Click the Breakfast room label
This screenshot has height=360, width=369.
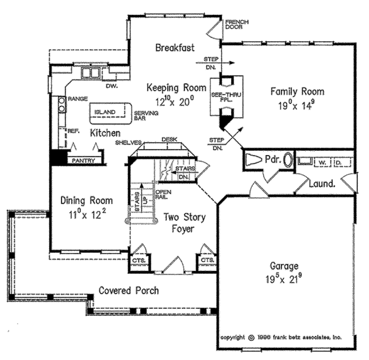click(175, 47)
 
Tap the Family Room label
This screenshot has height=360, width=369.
click(298, 91)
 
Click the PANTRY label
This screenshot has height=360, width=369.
click(83, 160)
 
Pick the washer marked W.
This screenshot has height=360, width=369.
click(322, 162)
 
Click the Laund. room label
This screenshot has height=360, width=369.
click(321, 183)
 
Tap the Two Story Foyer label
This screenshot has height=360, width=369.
click(184, 223)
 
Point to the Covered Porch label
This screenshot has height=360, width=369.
click(129, 290)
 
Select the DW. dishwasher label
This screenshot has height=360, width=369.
click(111, 86)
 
